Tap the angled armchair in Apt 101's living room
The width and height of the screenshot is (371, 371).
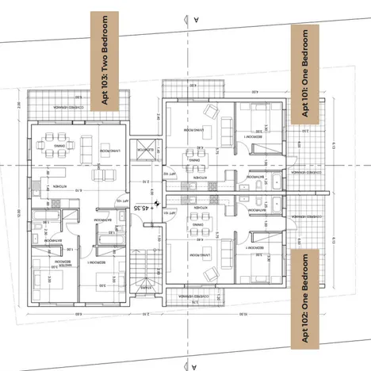tap(211, 113)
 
